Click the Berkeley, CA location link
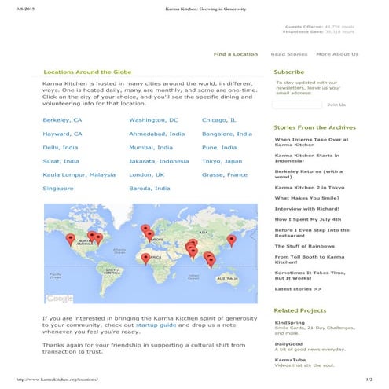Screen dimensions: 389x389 [x=62, y=120]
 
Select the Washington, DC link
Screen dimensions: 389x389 [x=153, y=120]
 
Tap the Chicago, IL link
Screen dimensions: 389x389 [x=219, y=120]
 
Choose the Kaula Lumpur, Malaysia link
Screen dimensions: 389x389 [x=79, y=174]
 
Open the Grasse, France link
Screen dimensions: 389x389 [x=225, y=174]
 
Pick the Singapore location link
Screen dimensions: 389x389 [x=58, y=189]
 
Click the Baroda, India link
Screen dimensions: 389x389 [x=149, y=189]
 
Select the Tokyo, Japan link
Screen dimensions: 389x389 [x=222, y=160]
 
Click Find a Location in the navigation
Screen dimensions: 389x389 [x=236, y=54]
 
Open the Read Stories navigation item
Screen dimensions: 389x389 [x=288, y=54]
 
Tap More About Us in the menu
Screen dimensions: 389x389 [x=337, y=54]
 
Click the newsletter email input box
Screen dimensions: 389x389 [x=296, y=104]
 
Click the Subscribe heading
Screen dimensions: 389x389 [x=289, y=72]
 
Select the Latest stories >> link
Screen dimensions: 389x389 [x=298, y=289]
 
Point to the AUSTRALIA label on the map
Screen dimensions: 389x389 [x=226, y=279]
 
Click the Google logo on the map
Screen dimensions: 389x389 [x=60, y=299]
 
